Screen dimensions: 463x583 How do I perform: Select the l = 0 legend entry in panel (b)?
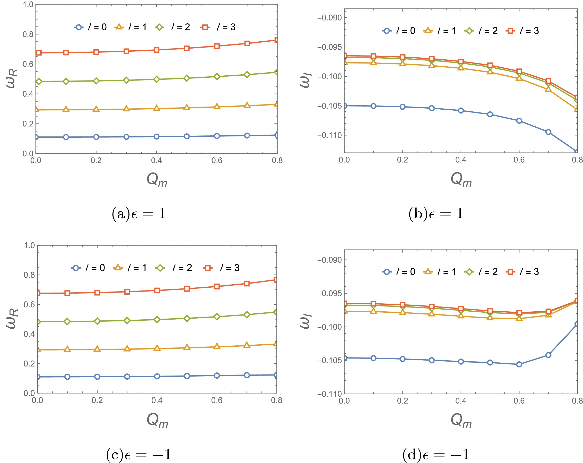pyautogui.click(x=399, y=31)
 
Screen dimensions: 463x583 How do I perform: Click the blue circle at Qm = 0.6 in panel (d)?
pyautogui.click(x=519, y=364)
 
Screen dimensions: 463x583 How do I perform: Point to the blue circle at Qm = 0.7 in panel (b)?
pyautogui.click(x=548, y=132)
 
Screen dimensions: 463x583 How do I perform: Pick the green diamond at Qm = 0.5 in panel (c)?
pyautogui.click(x=187, y=318)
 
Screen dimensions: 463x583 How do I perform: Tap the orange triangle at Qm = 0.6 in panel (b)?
pyautogui.click(x=519, y=78)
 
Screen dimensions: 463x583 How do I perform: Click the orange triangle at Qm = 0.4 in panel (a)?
pyautogui.click(x=156, y=108)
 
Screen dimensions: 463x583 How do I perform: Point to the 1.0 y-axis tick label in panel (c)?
pyautogui.click(x=29, y=245)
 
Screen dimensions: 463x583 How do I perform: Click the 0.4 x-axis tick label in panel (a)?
pyautogui.click(x=156, y=161)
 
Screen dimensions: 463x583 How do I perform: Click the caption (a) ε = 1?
pyautogui.click(x=139, y=214)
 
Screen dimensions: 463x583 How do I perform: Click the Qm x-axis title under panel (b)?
pyautogui.click(x=461, y=180)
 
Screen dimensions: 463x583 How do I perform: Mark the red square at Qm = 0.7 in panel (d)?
pyautogui.click(x=548, y=312)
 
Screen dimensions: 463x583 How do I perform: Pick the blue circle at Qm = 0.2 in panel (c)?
pyautogui.click(x=97, y=377)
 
